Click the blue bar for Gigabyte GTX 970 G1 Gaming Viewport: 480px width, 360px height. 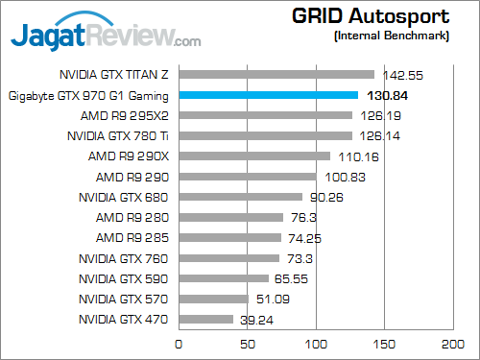269,95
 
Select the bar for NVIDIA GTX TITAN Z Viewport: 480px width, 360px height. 276,74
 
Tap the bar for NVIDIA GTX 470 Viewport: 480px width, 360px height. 205,320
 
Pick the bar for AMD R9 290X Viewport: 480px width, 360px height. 254,156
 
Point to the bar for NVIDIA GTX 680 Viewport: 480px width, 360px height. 241,197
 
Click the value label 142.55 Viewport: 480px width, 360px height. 401,74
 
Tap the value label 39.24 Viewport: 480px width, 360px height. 256,320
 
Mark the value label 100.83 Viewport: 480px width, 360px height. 343,177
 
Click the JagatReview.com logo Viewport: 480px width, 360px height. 106,36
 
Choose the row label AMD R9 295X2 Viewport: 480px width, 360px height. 129,115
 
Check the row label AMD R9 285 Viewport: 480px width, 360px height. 133,238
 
